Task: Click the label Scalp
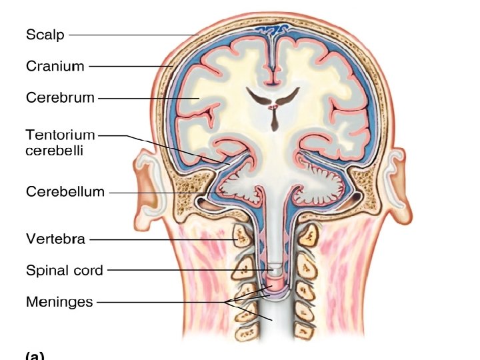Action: tap(45, 34)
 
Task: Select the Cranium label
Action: tap(55, 66)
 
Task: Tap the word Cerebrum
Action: tap(60, 98)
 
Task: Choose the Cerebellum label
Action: tap(65, 192)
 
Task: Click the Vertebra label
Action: tap(55, 238)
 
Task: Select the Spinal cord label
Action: tap(65, 270)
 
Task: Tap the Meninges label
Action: tap(59, 301)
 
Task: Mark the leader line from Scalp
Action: tap(133, 34)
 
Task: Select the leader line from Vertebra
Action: tap(160, 239)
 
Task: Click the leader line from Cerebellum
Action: tap(160, 193)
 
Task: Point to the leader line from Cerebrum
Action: tap(147, 98)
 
